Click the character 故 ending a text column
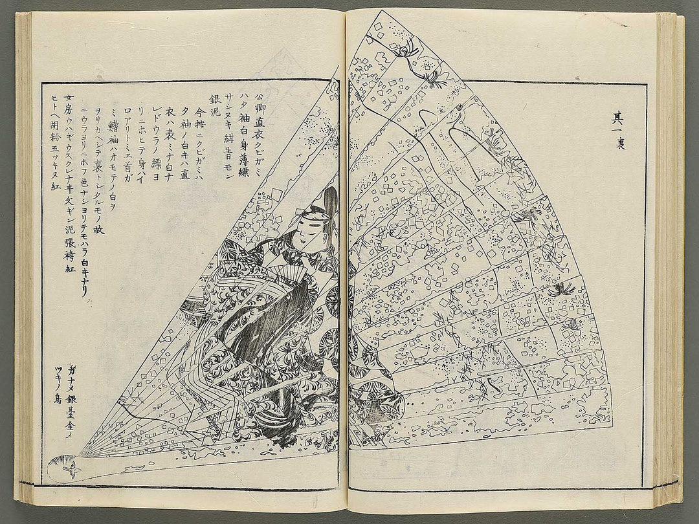point(98,228)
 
